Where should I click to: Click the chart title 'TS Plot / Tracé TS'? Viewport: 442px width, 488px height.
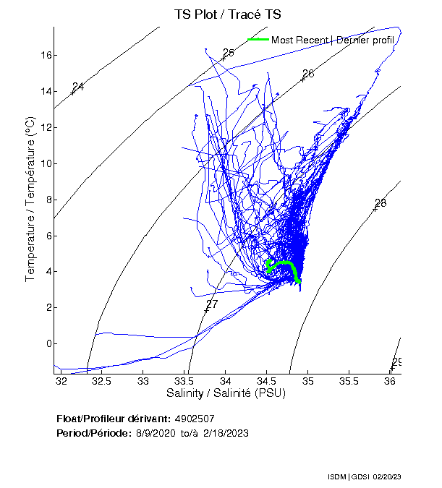(x=228, y=14)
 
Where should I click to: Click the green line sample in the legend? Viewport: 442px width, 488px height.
(x=258, y=39)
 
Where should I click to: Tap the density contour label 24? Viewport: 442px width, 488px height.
(x=78, y=87)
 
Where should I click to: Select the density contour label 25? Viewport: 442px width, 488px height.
(x=229, y=52)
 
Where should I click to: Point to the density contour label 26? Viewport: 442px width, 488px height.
(x=308, y=74)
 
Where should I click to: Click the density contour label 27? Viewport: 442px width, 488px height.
(x=212, y=304)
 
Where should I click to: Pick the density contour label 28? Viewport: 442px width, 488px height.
(x=381, y=203)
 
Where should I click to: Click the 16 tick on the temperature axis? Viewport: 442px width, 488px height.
(x=44, y=55)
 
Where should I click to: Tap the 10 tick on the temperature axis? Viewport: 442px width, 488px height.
(x=44, y=163)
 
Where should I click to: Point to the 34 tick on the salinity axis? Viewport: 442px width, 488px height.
(x=226, y=380)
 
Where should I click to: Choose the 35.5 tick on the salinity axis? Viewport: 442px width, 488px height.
(x=349, y=380)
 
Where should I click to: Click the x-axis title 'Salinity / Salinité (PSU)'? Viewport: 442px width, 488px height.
(x=226, y=393)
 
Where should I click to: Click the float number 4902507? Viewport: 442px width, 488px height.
(x=194, y=419)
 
